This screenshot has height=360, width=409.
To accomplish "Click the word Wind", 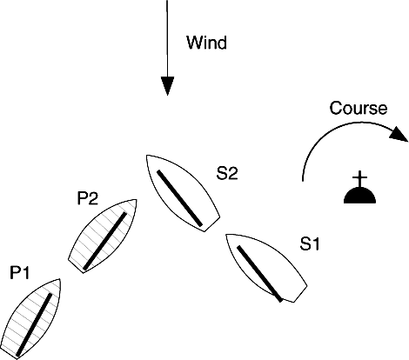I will point(206,43).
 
